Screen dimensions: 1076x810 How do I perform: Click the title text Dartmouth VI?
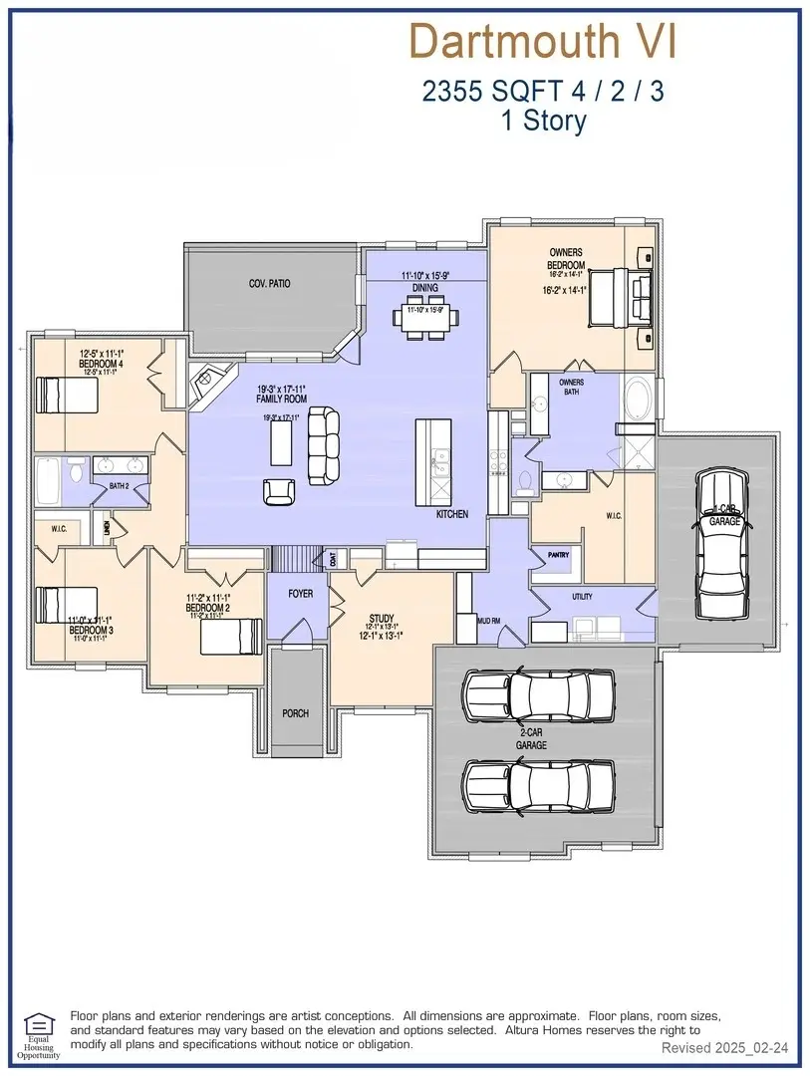(543, 42)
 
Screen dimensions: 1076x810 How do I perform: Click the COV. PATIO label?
(269, 284)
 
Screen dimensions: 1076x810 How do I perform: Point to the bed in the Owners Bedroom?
(621, 296)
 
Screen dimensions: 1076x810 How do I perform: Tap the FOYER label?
(300, 594)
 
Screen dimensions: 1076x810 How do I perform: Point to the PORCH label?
(295, 713)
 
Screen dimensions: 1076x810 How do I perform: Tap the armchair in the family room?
(279, 491)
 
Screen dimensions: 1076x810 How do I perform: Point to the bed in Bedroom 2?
(230, 636)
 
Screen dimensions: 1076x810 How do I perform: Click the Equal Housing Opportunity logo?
(40, 1033)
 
